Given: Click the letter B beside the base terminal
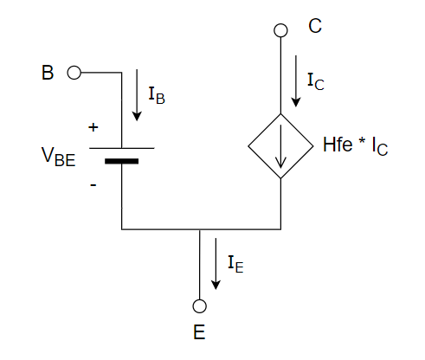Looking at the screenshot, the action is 48,73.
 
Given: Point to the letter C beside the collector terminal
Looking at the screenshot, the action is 315,26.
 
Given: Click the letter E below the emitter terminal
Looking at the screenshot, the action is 199,332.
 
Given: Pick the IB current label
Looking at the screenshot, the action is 157,95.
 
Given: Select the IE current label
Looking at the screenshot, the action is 235,264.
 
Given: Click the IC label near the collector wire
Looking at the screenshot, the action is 316,82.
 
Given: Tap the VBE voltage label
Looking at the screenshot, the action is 59,157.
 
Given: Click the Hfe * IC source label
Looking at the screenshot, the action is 355,146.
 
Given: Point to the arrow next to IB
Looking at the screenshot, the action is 137,95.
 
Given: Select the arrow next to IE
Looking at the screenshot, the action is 216,264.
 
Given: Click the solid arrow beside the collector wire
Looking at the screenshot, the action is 296,81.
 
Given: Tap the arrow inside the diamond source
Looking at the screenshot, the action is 280,146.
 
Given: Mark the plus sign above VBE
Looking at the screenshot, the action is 93,127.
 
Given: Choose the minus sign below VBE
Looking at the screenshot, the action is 93,185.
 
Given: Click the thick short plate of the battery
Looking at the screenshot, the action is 121,161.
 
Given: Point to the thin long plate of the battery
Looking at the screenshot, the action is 122,148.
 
